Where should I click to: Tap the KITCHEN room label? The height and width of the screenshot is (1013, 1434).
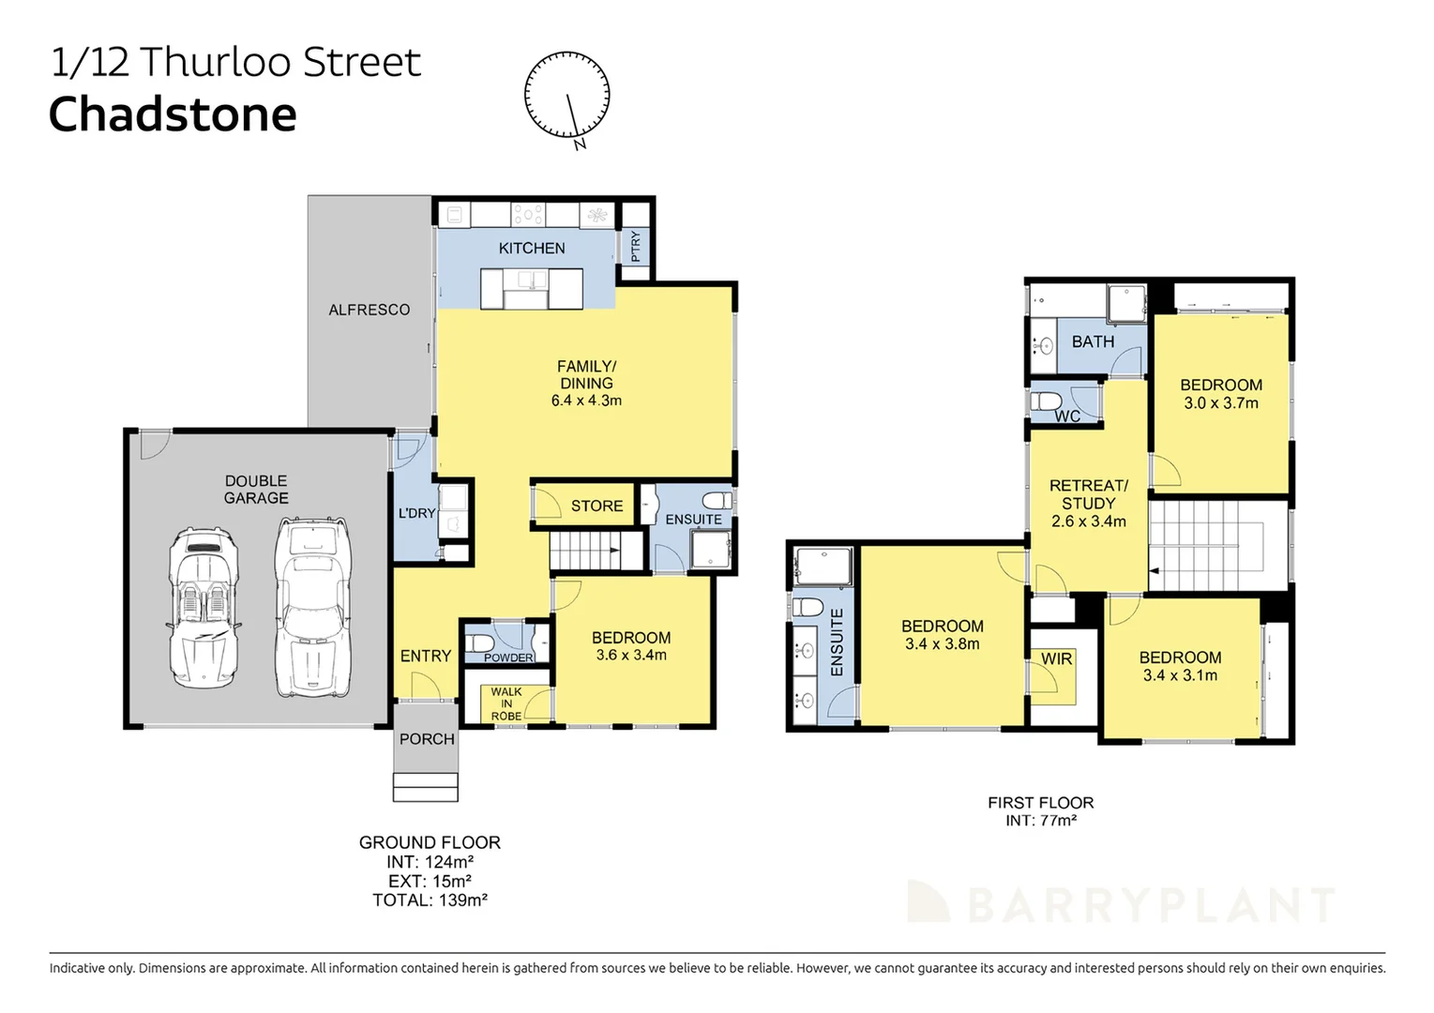coord(532,249)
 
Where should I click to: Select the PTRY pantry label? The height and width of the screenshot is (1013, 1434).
coord(636,246)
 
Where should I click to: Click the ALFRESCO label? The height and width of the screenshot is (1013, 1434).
coord(369,310)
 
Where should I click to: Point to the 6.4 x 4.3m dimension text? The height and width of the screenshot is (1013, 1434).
coord(586,401)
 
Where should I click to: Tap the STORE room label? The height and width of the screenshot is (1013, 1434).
coord(596,506)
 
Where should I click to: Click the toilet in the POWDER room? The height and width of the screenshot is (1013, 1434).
coord(480,643)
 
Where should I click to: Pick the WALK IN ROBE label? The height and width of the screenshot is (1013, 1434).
coord(506,704)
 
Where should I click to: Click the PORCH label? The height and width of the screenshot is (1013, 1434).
coord(427,739)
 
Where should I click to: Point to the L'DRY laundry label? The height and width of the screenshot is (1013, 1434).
coord(416,513)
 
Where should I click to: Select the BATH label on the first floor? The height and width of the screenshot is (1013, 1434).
coord(1093,342)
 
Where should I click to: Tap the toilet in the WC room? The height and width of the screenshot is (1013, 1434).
coord(1046,401)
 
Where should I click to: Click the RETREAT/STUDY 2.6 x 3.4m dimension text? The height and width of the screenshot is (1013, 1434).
coord(1088,522)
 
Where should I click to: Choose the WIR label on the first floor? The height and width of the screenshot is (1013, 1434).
coord(1056,659)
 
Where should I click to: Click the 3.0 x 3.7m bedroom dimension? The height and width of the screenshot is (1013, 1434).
coord(1220,403)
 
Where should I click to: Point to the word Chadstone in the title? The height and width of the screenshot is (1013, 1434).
coord(173,115)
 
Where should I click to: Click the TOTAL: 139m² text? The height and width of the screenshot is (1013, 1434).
coord(430,900)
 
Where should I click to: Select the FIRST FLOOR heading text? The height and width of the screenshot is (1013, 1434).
coord(1040,803)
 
